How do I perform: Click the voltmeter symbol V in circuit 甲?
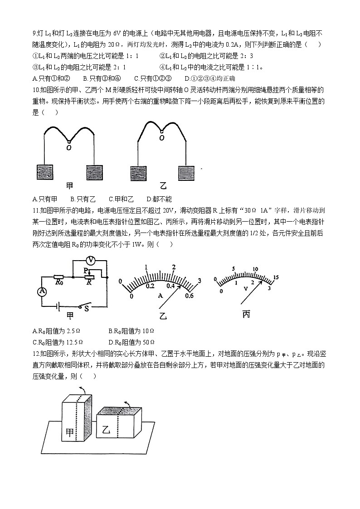click(x=90, y=260)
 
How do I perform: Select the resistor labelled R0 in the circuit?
click(x=59, y=276)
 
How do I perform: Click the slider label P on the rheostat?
click(x=86, y=270)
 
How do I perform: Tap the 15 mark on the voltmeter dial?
click(x=275, y=277)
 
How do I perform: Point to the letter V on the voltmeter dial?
click(x=245, y=289)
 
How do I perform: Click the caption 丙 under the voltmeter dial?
click(x=246, y=314)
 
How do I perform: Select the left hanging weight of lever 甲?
click(x=45, y=173)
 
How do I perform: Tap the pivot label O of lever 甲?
click(x=68, y=147)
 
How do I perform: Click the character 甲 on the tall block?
click(x=70, y=432)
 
